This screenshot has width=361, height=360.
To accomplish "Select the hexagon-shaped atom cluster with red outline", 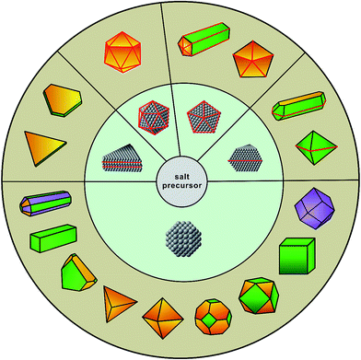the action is point(157,120).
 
